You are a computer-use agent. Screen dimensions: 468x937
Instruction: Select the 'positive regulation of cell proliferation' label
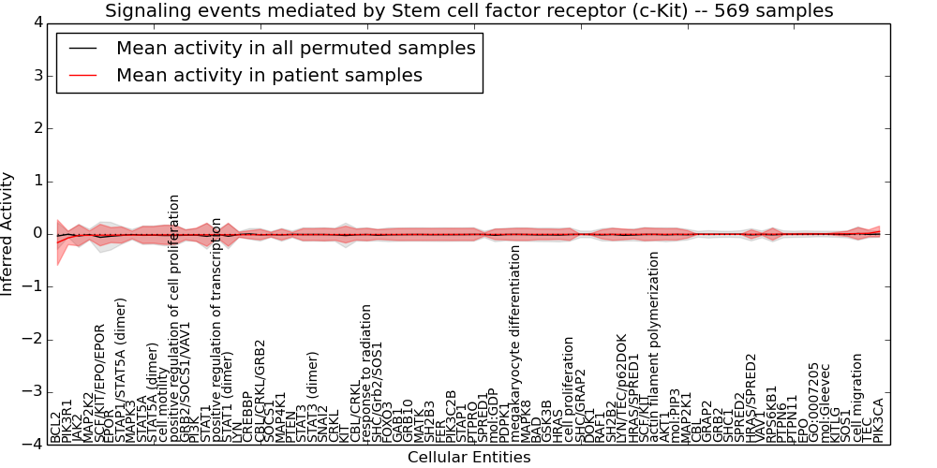[174, 318]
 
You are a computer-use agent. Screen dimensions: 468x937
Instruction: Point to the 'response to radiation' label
[366, 373]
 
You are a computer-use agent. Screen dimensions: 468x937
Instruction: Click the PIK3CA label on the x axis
[878, 420]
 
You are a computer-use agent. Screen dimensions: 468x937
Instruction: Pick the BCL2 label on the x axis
[55, 427]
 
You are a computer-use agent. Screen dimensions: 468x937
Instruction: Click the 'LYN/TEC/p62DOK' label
[622, 388]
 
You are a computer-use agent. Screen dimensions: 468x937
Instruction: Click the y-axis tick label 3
[37, 75]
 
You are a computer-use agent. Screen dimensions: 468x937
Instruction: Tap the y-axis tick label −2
[34, 339]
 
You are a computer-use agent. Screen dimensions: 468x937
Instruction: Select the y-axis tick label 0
[37, 233]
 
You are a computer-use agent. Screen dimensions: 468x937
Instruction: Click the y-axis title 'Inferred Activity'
[8, 233]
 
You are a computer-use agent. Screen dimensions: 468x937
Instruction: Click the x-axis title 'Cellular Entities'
[468, 458]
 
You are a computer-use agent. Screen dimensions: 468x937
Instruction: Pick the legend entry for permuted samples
[295, 48]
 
